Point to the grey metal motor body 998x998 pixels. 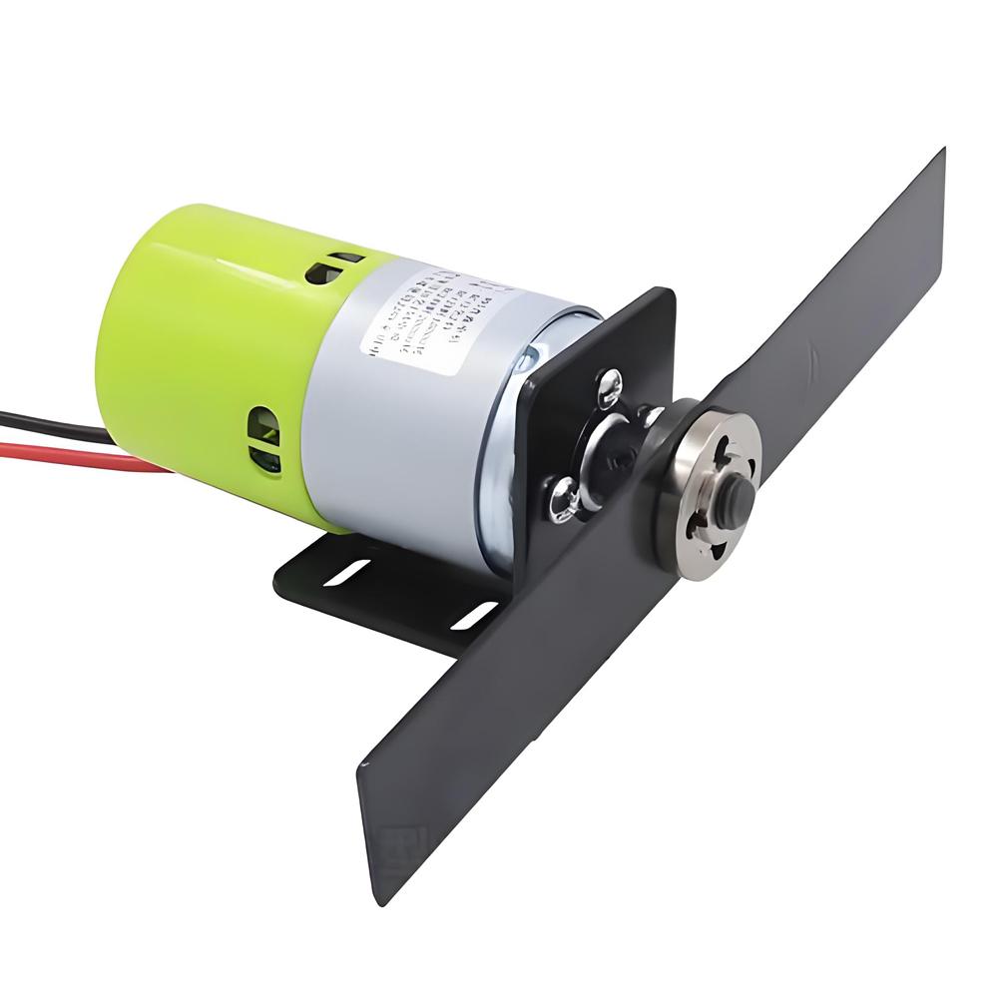tap(399, 429)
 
